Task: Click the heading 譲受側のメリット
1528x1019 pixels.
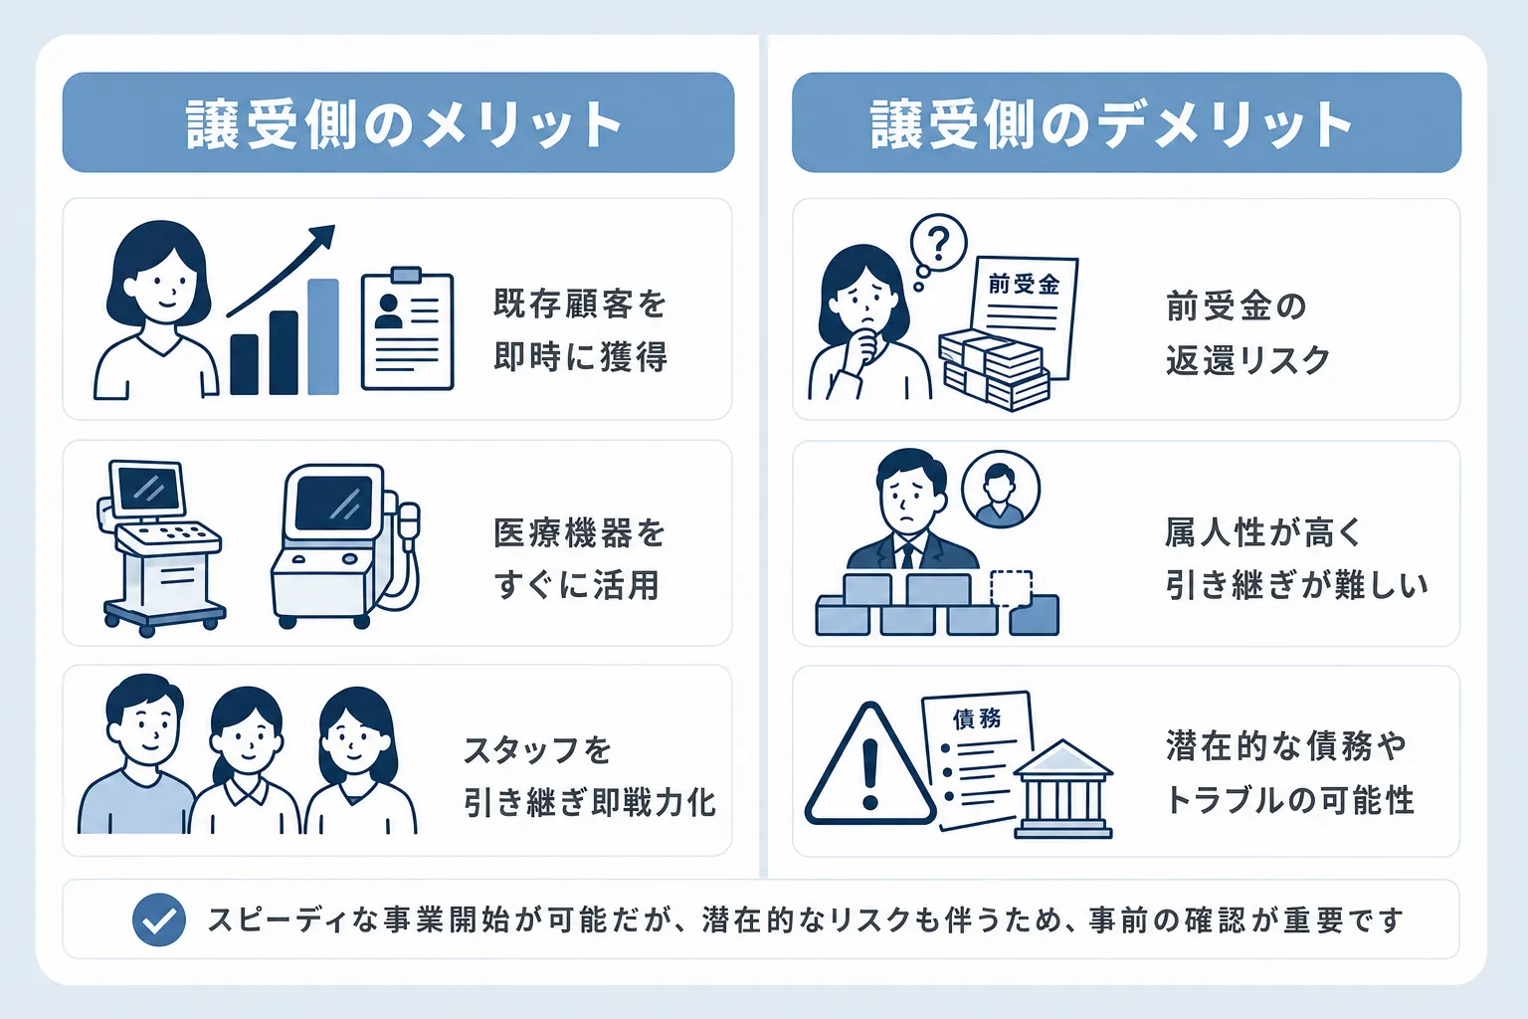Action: coord(403,124)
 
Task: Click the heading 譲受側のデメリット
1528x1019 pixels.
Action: coord(1111,124)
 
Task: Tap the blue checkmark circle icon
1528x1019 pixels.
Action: coord(159,919)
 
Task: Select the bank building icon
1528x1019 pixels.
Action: coord(1062,789)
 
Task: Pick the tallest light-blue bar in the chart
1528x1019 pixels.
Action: coord(323,336)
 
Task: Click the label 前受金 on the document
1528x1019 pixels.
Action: coord(1024,284)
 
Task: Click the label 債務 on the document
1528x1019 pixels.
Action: coord(977,718)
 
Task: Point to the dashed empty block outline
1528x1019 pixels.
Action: coord(1011,588)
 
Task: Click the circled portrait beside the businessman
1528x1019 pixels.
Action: coord(1000,489)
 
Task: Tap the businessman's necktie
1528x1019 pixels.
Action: coord(907,555)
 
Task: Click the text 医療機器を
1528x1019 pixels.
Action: coord(579,533)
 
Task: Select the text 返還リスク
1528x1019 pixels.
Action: coord(1247,359)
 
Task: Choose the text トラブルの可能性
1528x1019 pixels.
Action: coord(1290,800)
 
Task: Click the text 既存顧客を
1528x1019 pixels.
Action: coord(579,304)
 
